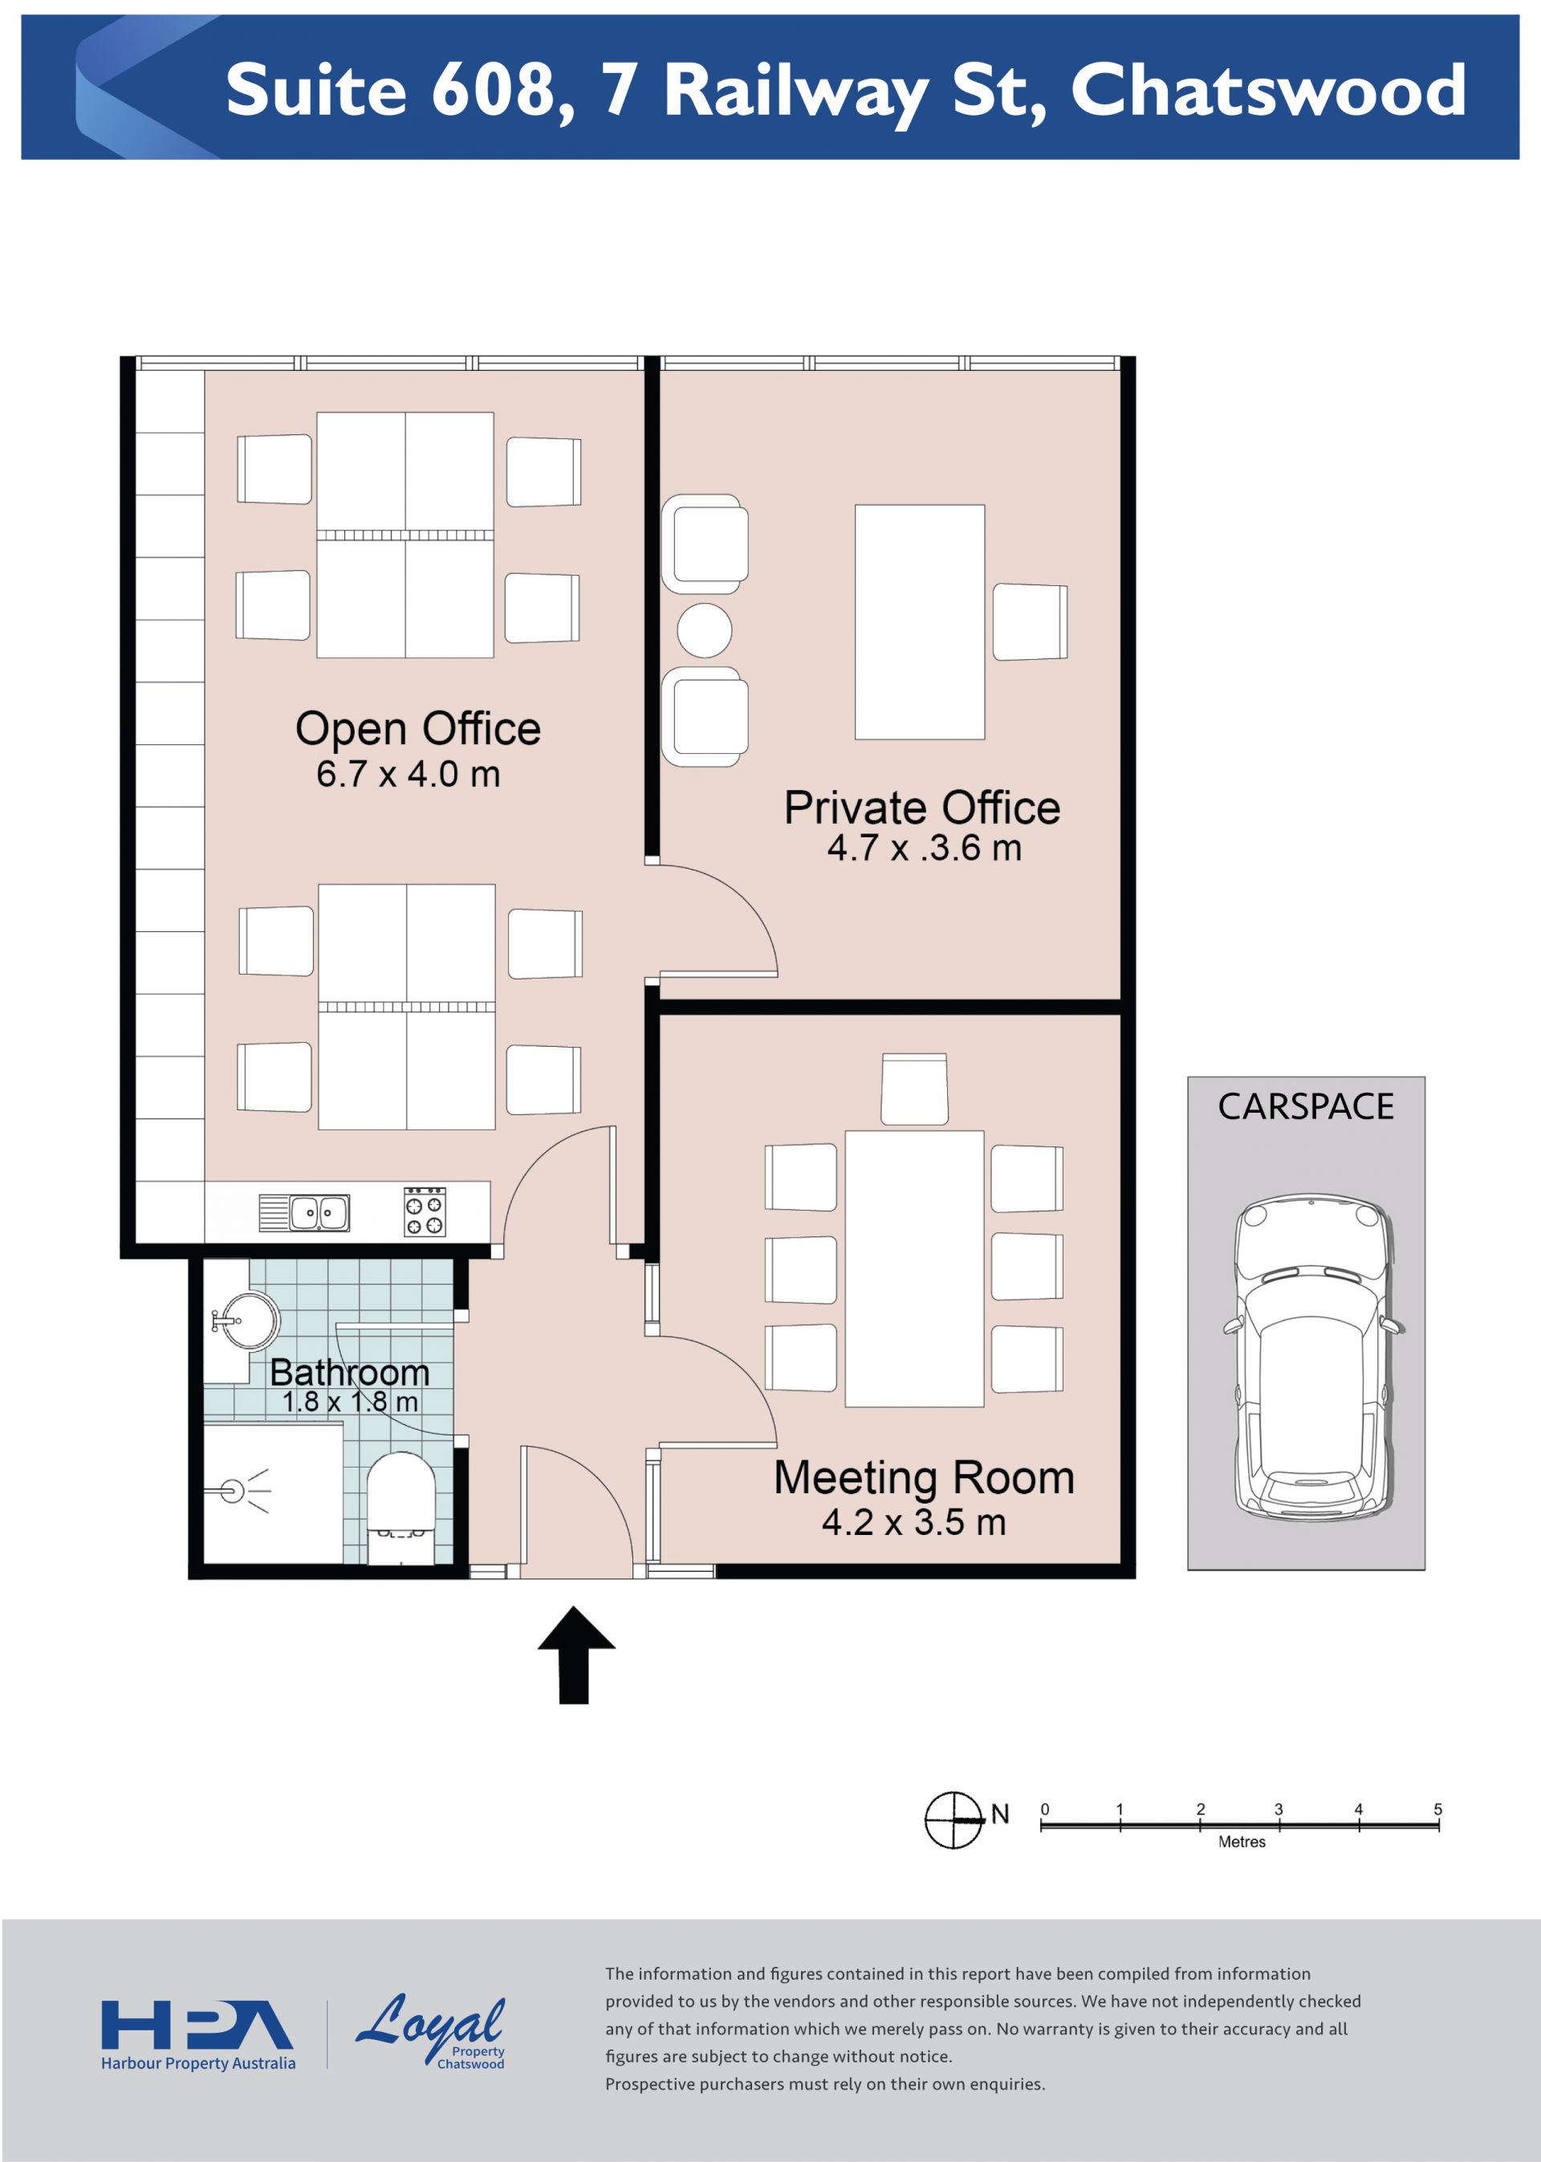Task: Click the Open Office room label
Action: point(417,729)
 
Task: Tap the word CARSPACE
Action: point(1306,1106)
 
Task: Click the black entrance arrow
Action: point(576,1655)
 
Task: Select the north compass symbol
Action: point(953,1820)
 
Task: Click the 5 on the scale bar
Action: point(1437,1810)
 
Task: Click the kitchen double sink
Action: point(305,1213)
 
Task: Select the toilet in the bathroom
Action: point(400,1508)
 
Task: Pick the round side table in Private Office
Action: point(704,630)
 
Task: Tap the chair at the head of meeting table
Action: point(914,1089)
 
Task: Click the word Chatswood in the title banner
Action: point(1269,90)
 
